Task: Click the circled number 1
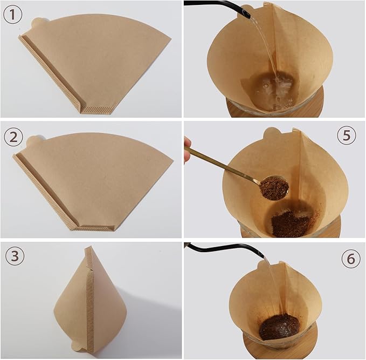13,15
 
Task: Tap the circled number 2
13,137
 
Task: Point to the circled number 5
347,135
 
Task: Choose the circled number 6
351,260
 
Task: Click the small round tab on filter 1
38,23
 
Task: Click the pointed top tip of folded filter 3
89,248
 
